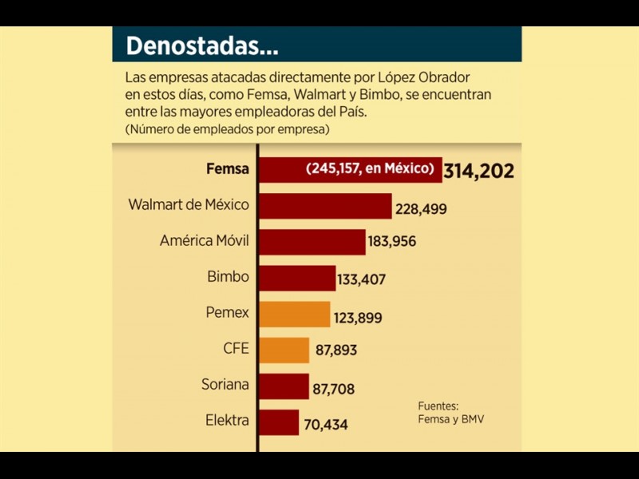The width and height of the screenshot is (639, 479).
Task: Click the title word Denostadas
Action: (x=202, y=46)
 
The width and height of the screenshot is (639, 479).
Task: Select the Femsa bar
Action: (x=350, y=169)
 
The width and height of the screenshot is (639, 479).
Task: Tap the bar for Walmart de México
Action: (x=325, y=205)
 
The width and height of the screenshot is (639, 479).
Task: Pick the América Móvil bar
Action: (x=312, y=241)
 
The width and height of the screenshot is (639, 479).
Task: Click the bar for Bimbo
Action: (x=297, y=277)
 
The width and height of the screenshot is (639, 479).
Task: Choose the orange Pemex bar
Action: (x=294, y=314)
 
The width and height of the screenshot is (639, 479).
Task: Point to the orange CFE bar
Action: (x=284, y=350)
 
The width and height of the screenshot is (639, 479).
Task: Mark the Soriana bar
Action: (x=284, y=386)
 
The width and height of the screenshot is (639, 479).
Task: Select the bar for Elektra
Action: (x=279, y=422)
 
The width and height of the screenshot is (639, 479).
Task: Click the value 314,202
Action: (x=478, y=171)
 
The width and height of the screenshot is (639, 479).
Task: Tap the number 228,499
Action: (x=420, y=209)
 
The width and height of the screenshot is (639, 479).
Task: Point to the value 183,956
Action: (x=392, y=240)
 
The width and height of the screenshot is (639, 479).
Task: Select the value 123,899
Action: (x=358, y=318)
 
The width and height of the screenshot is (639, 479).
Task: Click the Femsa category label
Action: (x=228, y=169)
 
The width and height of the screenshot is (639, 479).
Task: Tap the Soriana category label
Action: (x=225, y=385)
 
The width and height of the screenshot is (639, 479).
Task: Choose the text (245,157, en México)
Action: (x=370, y=168)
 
